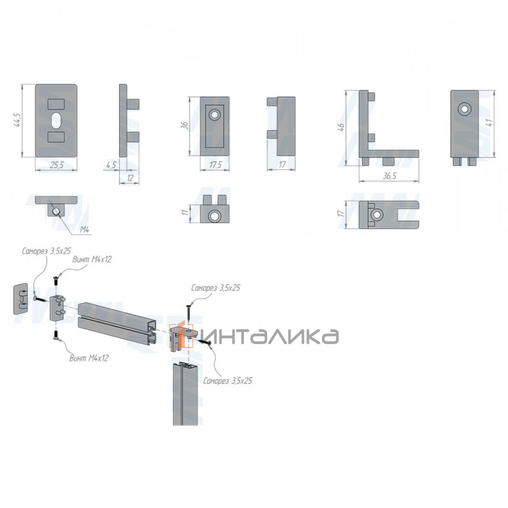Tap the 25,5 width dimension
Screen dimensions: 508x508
click(x=57, y=165)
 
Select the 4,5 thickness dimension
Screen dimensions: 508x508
click(x=111, y=165)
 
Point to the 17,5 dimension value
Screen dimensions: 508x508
click(x=215, y=165)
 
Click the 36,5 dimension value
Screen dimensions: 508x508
click(x=389, y=176)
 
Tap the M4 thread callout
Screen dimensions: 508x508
click(x=84, y=230)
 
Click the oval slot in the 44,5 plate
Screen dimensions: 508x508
click(x=56, y=121)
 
